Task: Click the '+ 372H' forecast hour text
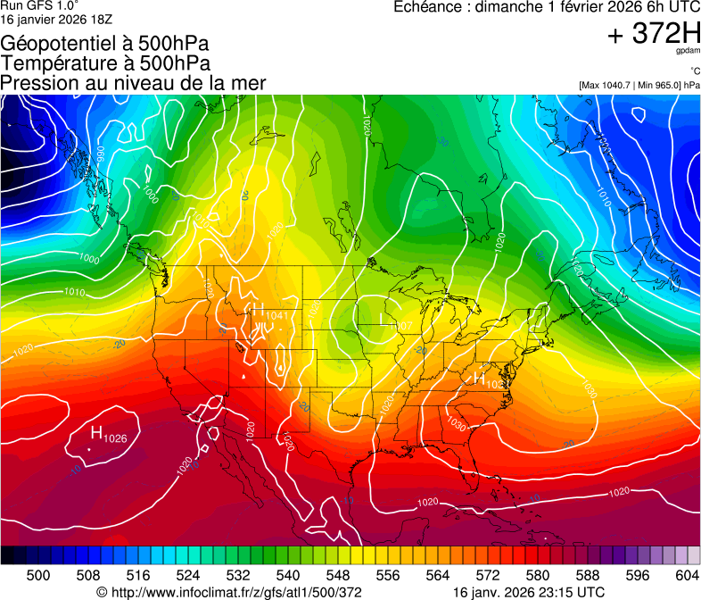pyautogui.click(x=653, y=35)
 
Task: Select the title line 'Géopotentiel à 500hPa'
pyautogui.click(x=105, y=43)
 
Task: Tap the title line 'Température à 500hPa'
pyautogui.click(x=105, y=62)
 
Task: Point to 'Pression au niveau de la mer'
pyautogui.click(x=133, y=82)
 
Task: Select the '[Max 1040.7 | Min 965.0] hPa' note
pyautogui.click(x=639, y=85)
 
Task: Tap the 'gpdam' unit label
pyautogui.click(x=689, y=53)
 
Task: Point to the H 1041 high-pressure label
pyautogui.click(x=270, y=313)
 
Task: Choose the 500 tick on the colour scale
pyautogui.click(x=38, y=574)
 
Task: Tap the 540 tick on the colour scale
pyautogui.click(x=288, y=574)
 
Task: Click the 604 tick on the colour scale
pyautogui.click(x=688, y=574)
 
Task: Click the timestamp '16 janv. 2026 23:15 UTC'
pyautogui.click(x=529, y=592)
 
